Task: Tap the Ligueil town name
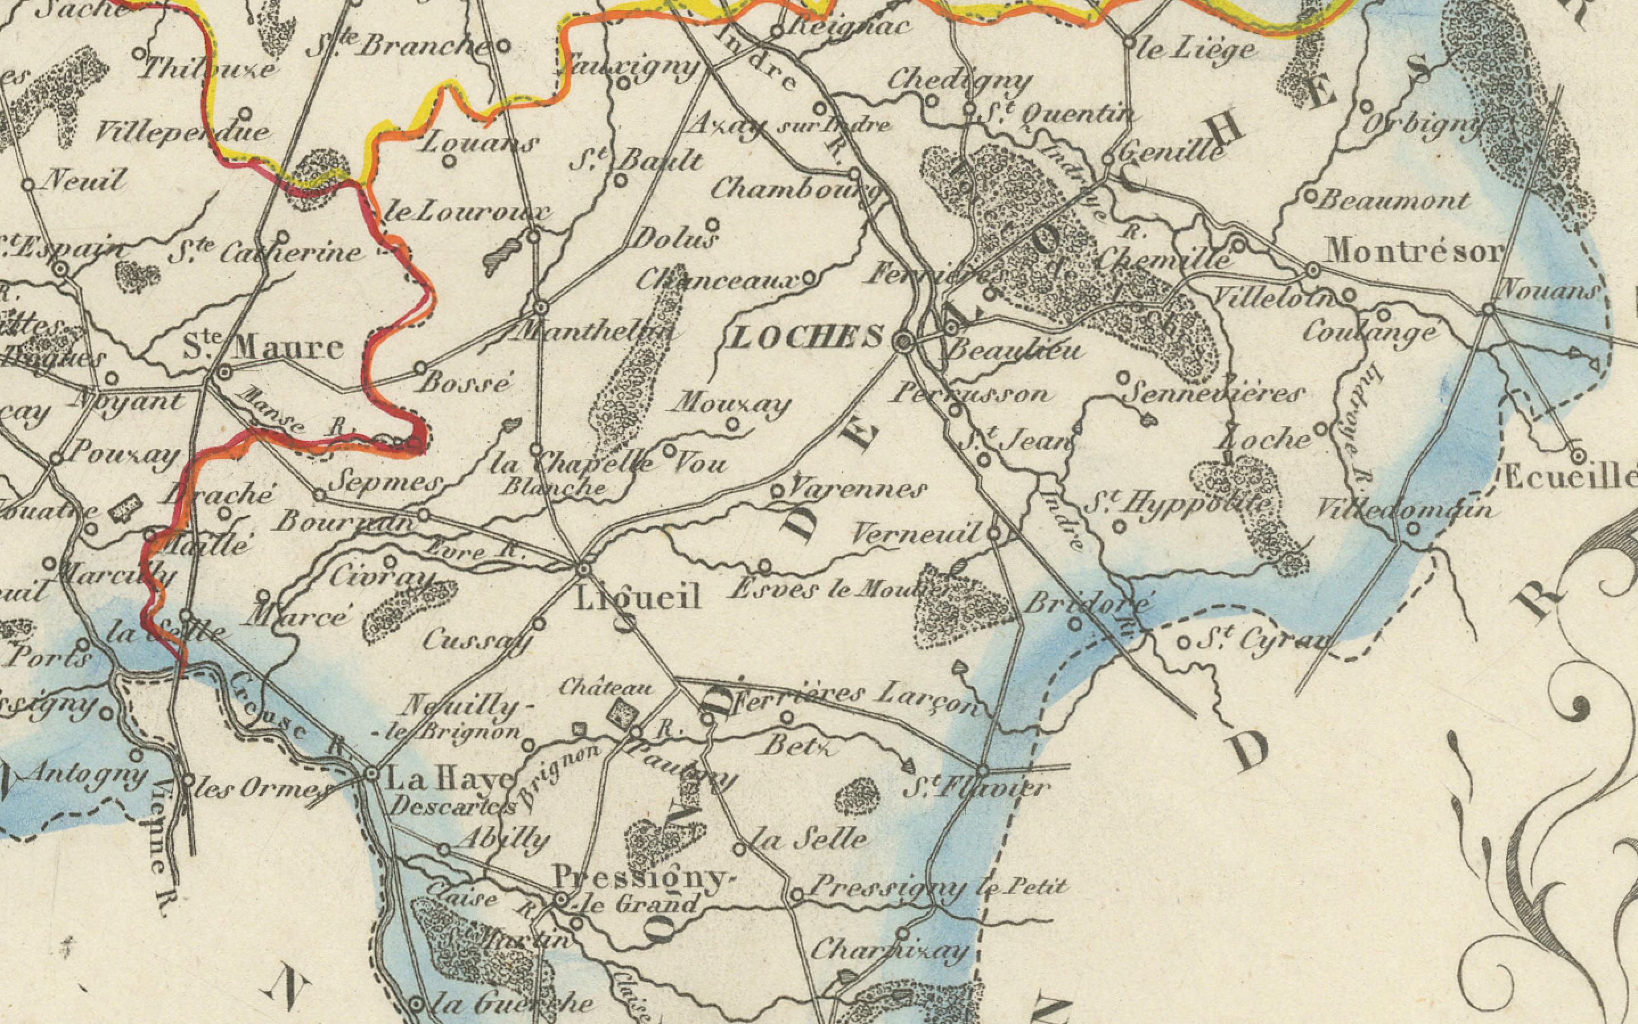(637, 599)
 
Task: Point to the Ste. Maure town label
(264, 348)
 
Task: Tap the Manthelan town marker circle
(540, 308)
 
